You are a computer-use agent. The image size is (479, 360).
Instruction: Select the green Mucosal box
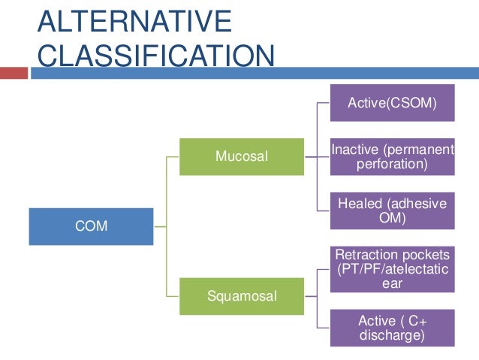[242, 157]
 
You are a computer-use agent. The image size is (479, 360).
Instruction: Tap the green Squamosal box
[242, 296]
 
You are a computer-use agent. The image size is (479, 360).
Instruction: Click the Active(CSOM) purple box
[392, 102]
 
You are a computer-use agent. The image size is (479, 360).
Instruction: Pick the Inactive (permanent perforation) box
[392, 156]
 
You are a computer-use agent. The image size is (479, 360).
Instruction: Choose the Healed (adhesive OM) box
[392, 211]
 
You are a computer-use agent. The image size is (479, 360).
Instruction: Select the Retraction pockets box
[392, 269]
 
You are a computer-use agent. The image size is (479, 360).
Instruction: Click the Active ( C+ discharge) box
[392, 328]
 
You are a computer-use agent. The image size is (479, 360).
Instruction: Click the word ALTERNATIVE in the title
[135, 22]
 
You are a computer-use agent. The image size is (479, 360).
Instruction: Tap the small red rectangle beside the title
[14, 74]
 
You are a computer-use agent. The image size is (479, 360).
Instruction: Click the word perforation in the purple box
[392, 163]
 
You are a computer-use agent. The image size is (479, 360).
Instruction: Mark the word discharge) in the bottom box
[392, 335]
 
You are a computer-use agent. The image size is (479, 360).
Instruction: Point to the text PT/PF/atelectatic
[392, 269]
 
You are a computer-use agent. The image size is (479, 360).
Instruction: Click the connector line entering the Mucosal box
[173, 157]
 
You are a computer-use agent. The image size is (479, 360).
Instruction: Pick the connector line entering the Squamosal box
[173, 296]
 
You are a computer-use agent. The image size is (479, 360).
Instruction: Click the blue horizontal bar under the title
[255, 74]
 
